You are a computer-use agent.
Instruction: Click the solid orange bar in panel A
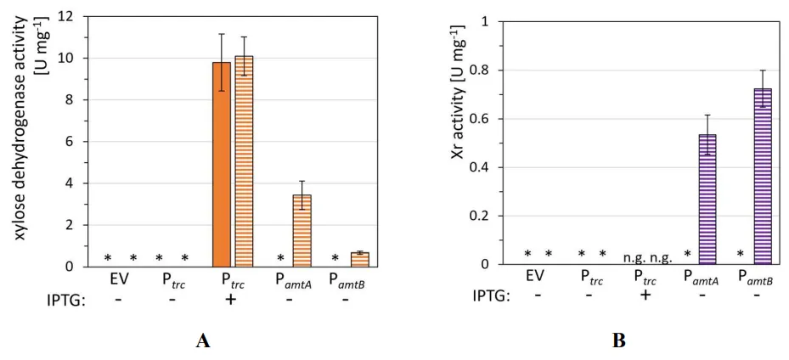click(221, 165)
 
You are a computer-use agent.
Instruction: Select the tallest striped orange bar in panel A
click(244, 161)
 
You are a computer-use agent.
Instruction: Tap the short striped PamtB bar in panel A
click(359, 259)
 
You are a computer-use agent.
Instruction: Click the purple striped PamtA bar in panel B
click(707, 200)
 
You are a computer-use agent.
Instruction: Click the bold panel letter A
click(203, 341)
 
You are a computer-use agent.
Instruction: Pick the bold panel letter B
click(618, 341)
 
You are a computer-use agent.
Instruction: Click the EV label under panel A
click(120, 278)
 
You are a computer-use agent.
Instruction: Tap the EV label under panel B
click(534, 276)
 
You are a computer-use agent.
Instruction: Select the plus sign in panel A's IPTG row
click(229, 299)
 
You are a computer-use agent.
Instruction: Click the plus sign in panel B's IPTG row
click(645, 295)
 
